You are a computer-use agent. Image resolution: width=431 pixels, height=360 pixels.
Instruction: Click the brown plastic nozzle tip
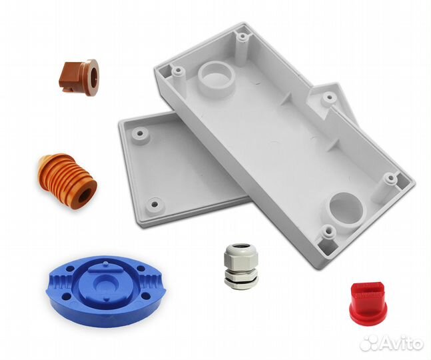tap(79, 77)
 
